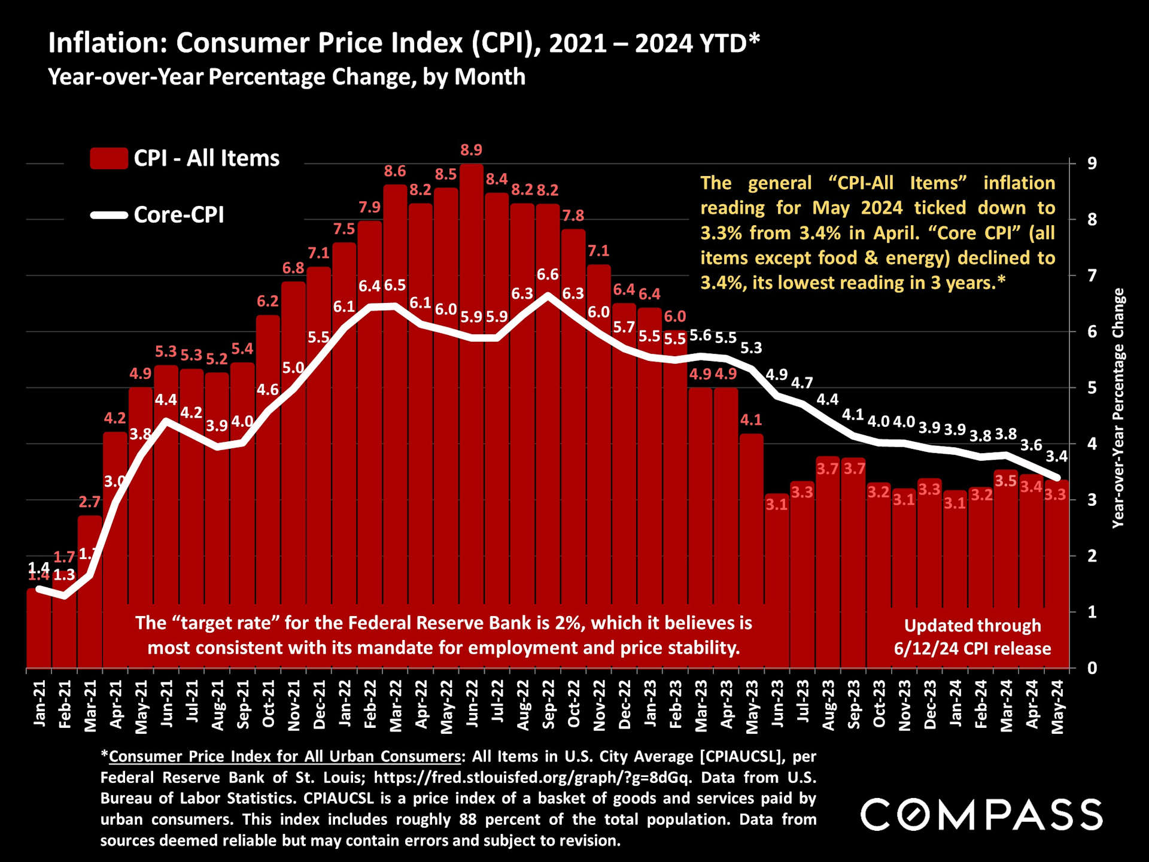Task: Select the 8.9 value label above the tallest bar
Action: click(471, 150)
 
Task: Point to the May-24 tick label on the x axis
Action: click(1057, 707)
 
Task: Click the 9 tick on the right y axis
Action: click(1092, 163)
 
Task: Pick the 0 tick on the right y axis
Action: click(1092, 668)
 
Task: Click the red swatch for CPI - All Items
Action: click(108, 159)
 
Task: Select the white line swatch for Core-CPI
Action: click(108, 215)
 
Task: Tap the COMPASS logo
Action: click(981, 815)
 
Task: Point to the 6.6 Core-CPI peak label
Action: click(548, 275)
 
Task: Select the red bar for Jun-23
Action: click(777, 587)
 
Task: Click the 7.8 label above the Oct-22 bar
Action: click(573, 215)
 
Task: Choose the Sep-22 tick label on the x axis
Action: click(548, 705)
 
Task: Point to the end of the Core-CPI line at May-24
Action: click(1057, 478)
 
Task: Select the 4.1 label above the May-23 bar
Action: click(751, 420)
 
